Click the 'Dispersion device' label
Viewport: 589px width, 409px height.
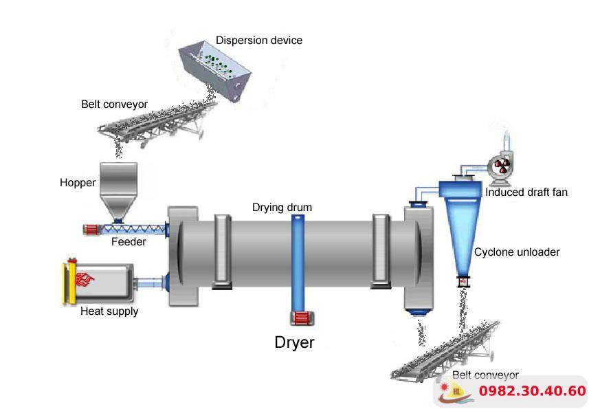[x=258, y=41]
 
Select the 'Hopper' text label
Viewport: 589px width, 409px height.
[x=78, y=183]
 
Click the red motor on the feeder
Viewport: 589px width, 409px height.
[x=91, y=229]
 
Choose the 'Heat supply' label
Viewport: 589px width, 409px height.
[x=109, y=311]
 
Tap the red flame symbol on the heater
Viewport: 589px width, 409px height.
[x=87, y=280]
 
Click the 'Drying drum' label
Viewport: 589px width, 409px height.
[x=282, y=207]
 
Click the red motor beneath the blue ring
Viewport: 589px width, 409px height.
[x=300, y=318]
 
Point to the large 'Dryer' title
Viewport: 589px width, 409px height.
[x=294, y=342]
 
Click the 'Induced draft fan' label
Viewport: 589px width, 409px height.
[x=526, y=192]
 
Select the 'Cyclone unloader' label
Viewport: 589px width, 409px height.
[x=517, y=252]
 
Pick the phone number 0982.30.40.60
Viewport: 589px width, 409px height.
[x=532, y=392]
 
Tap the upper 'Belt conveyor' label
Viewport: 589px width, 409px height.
[x=114, y=104]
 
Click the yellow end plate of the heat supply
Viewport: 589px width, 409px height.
[x=69, y=280]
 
